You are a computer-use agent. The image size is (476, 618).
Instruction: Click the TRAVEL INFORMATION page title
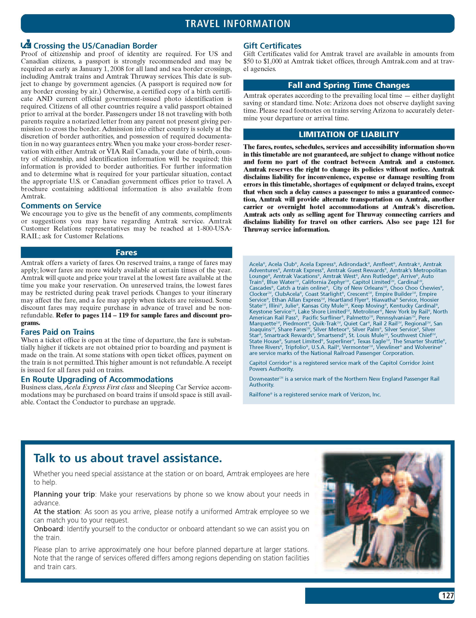[238, 23]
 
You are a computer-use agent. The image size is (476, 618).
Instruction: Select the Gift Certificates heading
[272, 46]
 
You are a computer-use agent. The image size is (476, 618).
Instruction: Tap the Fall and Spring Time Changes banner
[349, 85]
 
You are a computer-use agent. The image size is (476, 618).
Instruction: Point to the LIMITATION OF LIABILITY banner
[349, 134]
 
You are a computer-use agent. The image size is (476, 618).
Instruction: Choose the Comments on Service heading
[61, 206]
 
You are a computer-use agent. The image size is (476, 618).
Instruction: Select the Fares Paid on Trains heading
[57, 332]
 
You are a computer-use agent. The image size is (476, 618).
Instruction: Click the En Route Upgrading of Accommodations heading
[97, 379]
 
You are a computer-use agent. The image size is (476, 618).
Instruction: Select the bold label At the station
[57, 512]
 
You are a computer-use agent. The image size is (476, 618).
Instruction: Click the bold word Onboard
[48, 529]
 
